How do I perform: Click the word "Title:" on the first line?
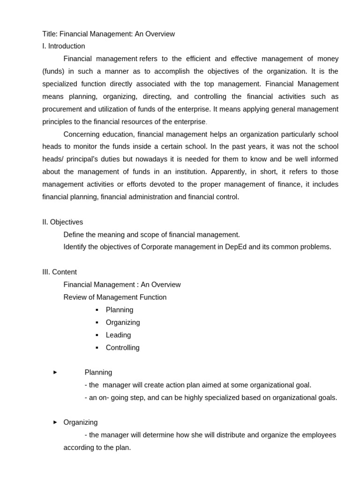[x=50, y=34]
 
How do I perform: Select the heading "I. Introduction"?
[x=64, y=46]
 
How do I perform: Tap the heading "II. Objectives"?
[x=63, y=222]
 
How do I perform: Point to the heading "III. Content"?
[x=60, y=272]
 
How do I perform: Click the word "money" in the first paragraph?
[x=329, y=59]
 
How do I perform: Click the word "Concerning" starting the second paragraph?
[x=81, y=134]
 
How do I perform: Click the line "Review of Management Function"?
[x=115, y=297]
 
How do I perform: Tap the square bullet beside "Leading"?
[x=97, y=335]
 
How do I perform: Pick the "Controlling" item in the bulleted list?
[x=122, y=347]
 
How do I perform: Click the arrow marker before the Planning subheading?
[x=55, y=372]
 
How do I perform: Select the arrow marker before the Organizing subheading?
[x=55, y=422]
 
